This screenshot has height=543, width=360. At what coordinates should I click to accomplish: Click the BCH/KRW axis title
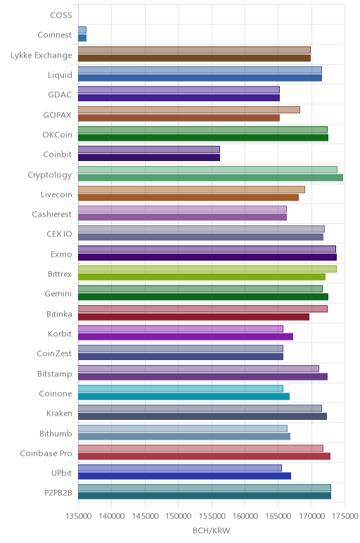coord(211,530)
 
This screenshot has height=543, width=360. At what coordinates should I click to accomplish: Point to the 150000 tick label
coord(179,516)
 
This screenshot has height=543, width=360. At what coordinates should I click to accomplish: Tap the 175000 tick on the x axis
coord(345,516)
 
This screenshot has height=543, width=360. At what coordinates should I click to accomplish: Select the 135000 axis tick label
coord(78,516)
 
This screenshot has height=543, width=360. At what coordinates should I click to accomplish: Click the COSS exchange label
coord(61,15)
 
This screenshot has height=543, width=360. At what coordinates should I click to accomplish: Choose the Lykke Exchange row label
coord(41,56)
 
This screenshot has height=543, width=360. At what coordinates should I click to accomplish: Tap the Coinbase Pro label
coord(46,453)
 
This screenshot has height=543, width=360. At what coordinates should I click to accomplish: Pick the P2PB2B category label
coord(58,493)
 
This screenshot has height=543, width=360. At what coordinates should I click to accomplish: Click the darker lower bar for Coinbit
coord(149,158)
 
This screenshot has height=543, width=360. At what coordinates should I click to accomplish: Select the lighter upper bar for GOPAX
coord(189,110)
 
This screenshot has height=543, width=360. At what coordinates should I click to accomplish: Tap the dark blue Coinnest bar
coord(82,38)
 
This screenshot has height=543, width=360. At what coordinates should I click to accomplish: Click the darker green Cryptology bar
coord(210,178)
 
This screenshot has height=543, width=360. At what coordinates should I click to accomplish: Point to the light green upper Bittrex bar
coord(207,269)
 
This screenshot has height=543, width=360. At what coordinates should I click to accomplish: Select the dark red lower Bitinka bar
coord(194,317)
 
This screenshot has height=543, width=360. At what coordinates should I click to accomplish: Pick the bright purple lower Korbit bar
coord(186,337)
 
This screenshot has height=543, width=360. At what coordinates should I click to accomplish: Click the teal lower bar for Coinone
coord(184,397)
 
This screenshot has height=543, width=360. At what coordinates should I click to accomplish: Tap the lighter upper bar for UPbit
coord(180,468)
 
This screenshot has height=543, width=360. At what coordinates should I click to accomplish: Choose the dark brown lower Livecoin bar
coord(188,198)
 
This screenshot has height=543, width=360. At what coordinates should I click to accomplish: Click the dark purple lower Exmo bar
coord(207,257)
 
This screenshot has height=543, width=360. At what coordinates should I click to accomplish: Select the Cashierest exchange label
coord(52,215)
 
